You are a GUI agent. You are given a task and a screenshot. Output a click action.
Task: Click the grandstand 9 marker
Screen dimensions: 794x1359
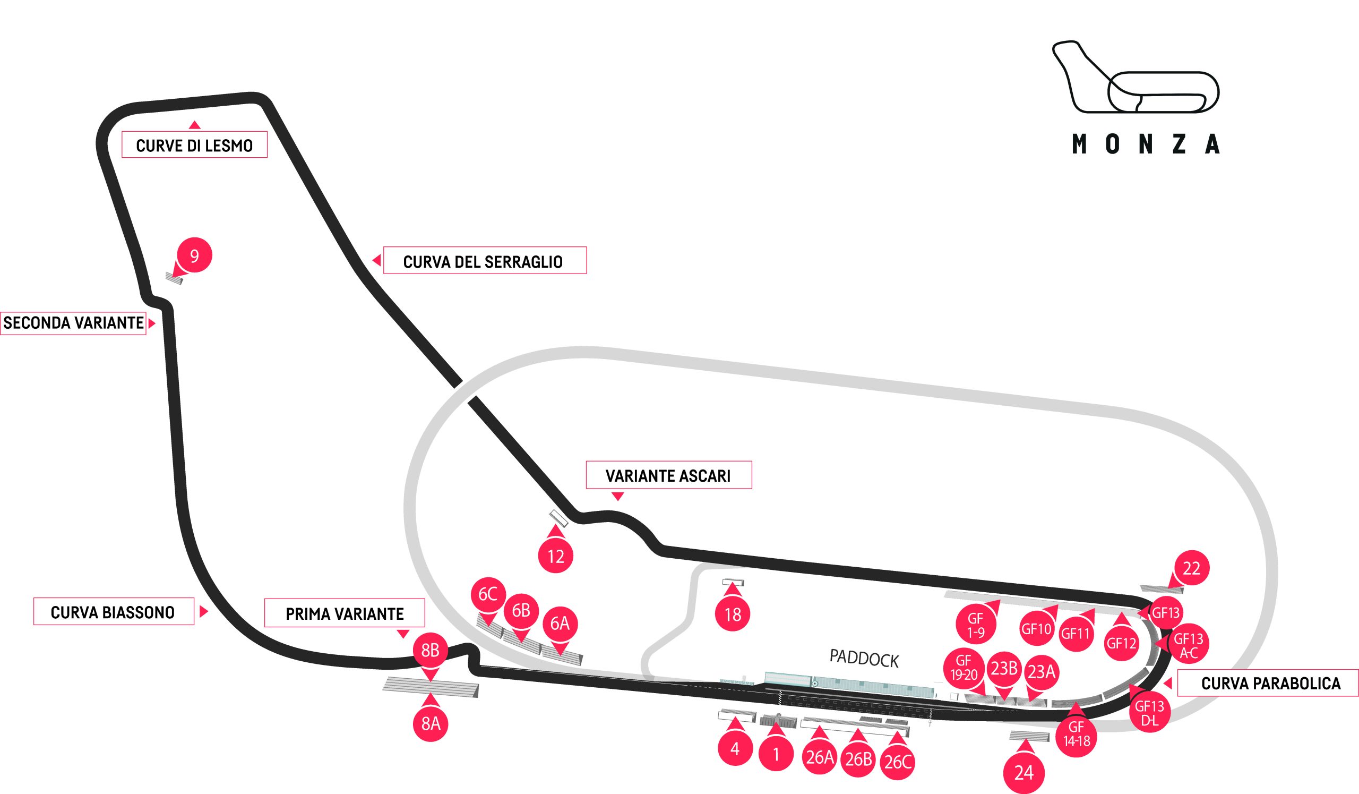tap(194, 255)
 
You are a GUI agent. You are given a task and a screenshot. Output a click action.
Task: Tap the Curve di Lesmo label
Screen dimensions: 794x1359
tap(194, 145)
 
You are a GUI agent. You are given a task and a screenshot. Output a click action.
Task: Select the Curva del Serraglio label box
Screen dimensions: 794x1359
tap(484, 261)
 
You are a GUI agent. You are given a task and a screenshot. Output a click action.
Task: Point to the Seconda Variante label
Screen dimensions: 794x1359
tap(73, 322)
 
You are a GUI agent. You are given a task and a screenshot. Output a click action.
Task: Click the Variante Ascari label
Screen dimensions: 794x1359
tap(668, 475)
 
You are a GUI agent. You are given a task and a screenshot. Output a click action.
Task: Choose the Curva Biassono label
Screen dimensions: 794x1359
tap(113, 612)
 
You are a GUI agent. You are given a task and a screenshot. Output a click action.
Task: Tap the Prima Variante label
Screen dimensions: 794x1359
tap(345, 613)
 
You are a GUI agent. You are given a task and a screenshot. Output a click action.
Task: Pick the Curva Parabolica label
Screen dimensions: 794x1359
tap(1270, 684)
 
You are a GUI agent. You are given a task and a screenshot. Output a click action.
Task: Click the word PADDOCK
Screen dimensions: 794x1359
tap(864, 659)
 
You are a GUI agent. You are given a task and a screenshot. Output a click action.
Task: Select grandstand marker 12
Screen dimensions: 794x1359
tap(555, 556)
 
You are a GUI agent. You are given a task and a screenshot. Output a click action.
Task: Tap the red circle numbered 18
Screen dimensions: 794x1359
tap(733, 614)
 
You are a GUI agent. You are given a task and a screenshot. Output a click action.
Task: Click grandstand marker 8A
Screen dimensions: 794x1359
tap(431, 723)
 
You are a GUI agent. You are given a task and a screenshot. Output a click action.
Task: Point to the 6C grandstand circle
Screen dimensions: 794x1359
tap(488, 594)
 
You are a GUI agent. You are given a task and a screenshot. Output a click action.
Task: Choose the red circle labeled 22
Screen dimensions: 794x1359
tap(1191, 568)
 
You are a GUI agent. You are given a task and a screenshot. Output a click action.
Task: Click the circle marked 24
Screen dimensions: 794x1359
tap(1023, 772)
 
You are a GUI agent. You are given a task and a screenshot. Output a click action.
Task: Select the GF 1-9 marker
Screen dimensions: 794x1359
tap(975, 625)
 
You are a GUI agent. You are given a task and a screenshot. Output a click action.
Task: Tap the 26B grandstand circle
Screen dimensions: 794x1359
tap(858, 759)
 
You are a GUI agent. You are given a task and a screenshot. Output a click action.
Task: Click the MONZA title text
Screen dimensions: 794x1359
tap(1146, 144)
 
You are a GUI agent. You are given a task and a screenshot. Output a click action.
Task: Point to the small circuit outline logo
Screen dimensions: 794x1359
tap(1135, 77)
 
